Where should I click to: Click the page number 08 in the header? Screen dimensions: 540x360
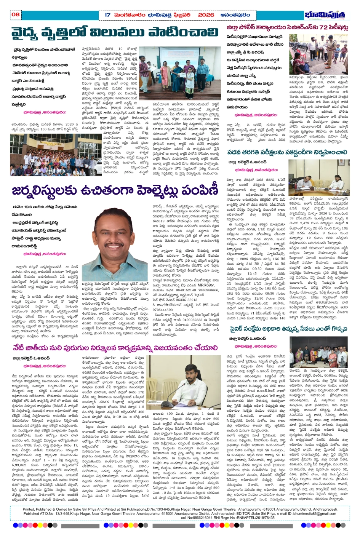(x=16, y=15)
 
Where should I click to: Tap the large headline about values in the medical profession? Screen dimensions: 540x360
(x=114, y=34)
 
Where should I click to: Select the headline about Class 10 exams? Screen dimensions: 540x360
(x=287, y=152)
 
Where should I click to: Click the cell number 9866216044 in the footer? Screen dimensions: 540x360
(x=205, y=518)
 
